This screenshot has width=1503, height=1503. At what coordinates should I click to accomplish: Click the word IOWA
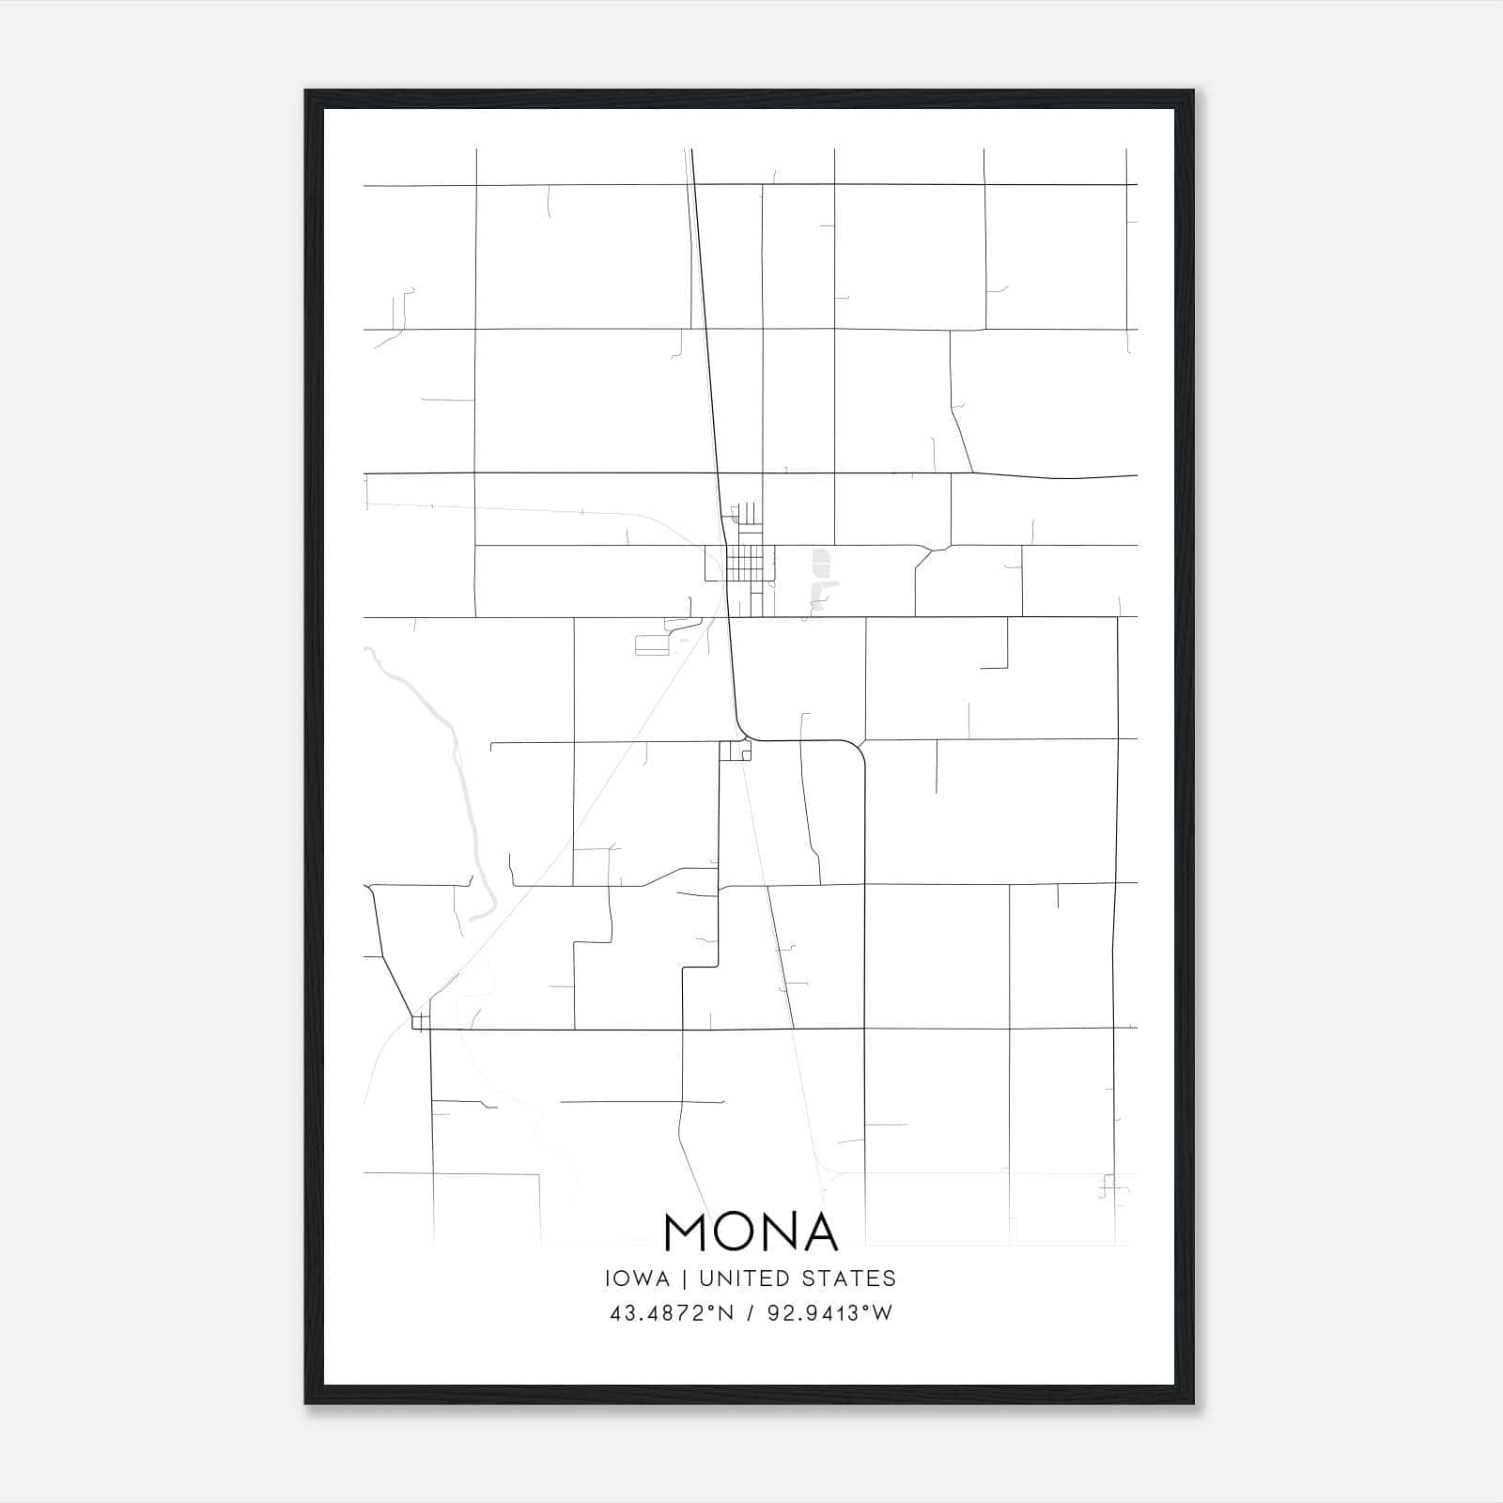pyautogui.click(x=638, y=1278)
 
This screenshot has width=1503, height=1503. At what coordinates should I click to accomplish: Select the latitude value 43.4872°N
pyautogui.click(x=669, y=1313)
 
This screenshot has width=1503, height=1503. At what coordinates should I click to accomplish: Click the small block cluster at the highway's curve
pyautogui.click(x=736, y=751)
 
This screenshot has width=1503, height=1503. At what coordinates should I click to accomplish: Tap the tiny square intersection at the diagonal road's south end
pyautogui.click(x=420, y=1022)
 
